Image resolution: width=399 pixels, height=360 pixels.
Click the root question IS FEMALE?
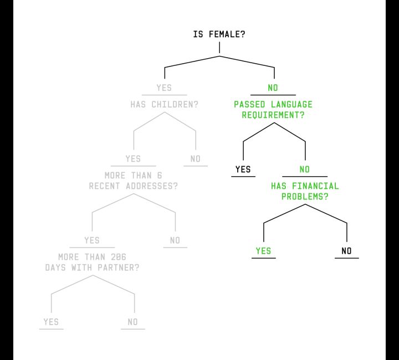click(219, 34)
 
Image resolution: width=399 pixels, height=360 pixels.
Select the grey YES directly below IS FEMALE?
click(164, 88)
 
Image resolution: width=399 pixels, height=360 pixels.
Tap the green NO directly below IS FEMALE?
click(273, 88)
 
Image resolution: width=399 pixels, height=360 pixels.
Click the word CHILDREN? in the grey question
click(175, 105)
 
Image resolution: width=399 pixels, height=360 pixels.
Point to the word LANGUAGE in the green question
click(291, 105)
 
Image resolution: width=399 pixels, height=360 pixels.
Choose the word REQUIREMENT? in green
click(273, 115)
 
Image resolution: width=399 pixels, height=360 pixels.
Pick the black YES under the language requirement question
click(243, 169)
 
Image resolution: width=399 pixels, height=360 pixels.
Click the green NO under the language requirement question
click(305, 169)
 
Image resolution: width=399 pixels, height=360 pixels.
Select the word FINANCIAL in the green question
click(315, 186)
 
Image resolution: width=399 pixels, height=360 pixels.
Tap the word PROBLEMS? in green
click(305, 197)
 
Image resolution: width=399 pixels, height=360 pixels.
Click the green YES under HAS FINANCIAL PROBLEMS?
click(263, 251)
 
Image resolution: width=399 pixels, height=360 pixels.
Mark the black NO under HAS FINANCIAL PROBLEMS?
click(346, 251)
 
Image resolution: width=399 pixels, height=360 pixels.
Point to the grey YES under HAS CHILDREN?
click(133, 159)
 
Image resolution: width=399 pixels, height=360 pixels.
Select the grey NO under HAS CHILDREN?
click(196, 159)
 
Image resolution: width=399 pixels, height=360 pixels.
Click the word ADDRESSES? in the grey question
click(152, 186)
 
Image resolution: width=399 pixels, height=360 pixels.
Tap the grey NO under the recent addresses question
click(175, 240)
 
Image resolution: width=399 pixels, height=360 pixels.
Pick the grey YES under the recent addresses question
click(92, 240)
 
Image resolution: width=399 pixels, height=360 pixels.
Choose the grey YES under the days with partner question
click(51, 322)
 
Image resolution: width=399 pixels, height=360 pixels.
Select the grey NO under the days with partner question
click(132, 322)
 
